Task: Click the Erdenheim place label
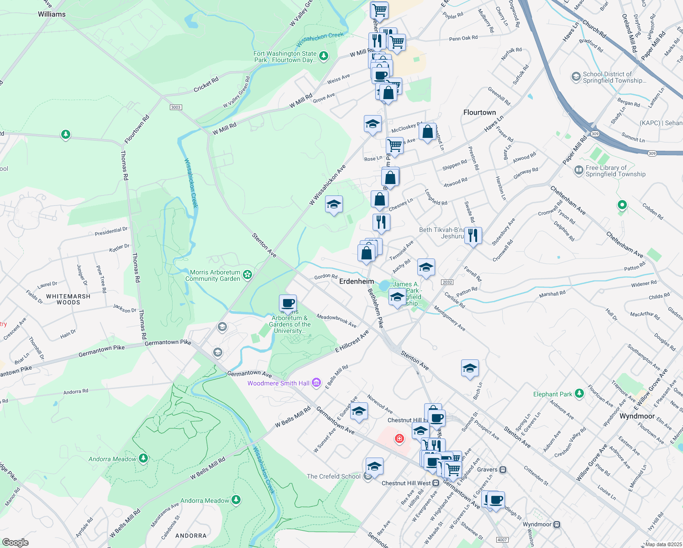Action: [x=357, y=281]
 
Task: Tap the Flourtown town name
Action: [x=479, y=112]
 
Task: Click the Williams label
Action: [x=52, y=14]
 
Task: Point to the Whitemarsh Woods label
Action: [x=68, y=299]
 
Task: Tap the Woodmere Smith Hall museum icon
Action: [x=316, y=383]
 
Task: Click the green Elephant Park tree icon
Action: [x=579, y=393]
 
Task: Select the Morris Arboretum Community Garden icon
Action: [x=247, y=274]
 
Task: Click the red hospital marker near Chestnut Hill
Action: [x=399, y=439]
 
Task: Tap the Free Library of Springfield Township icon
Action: [x=578, y=170]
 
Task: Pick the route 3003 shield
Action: [x=176, y=107]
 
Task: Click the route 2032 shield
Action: [x=447, y=282]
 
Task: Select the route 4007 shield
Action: [x=502, y=540]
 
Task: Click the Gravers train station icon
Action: [x=503, y=469]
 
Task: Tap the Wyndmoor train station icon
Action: [x=557, y=525]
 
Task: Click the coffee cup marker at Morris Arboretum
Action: [x=288, y=303]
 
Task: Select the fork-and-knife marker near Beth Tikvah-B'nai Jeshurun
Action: [x=473, y=236]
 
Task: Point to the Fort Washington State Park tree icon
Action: [x=324, y=56]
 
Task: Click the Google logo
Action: [x=16, y=543]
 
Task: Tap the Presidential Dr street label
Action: [x=111, y=231]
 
